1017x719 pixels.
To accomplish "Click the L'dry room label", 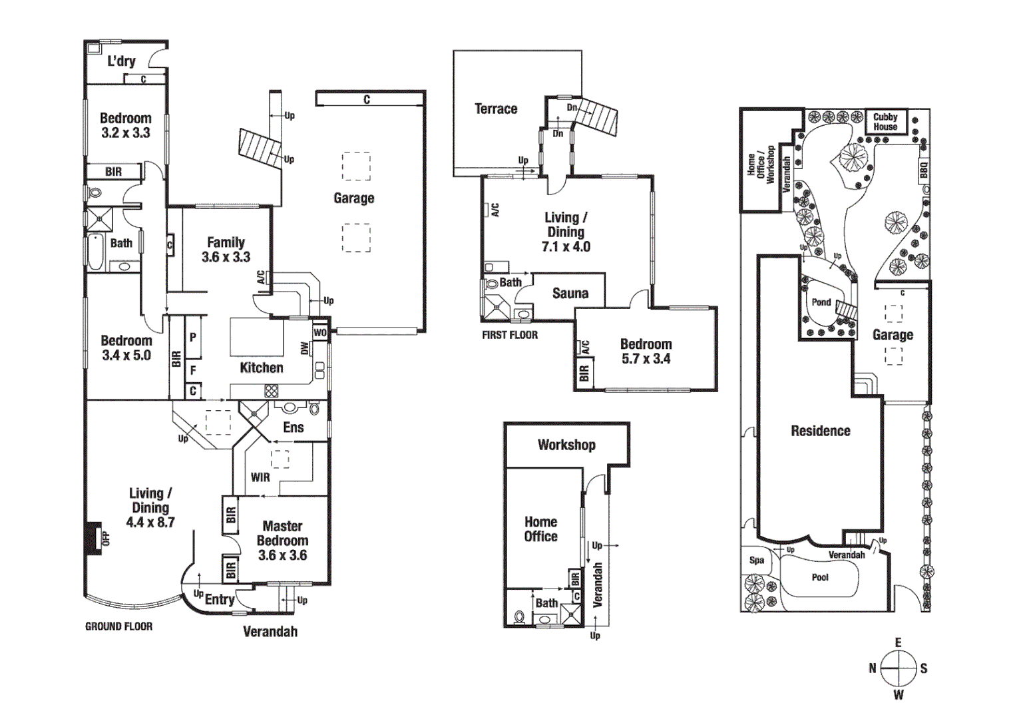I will click(121, 61).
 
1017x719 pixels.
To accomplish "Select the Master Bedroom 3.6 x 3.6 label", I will click(282, 541).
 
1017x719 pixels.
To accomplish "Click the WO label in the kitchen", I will click(320, 333).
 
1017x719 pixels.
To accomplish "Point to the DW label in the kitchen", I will click(305, 348).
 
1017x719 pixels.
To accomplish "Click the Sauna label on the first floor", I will click(570, 294).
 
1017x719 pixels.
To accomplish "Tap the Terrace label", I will click(496, 109).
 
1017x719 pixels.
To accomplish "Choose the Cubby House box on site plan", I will click(885, 122).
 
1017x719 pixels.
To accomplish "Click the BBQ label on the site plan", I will click(923, 170).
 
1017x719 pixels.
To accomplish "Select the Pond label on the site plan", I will click(821, 302).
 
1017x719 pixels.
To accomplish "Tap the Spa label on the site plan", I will click(757, 560).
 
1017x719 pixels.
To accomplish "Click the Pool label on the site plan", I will click(820, 577).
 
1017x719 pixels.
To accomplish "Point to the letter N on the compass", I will click(873, 668).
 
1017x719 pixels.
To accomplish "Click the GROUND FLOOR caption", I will click(118, 626).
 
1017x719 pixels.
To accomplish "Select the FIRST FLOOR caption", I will click(510, 335).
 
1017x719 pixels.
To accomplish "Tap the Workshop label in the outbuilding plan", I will click(566, 445).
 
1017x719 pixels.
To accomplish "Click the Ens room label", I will click(294, 427).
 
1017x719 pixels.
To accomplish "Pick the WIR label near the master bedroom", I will click(260, 477).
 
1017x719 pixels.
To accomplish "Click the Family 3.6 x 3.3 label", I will click(226, 250).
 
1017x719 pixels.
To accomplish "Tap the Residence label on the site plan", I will click(821, 431).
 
